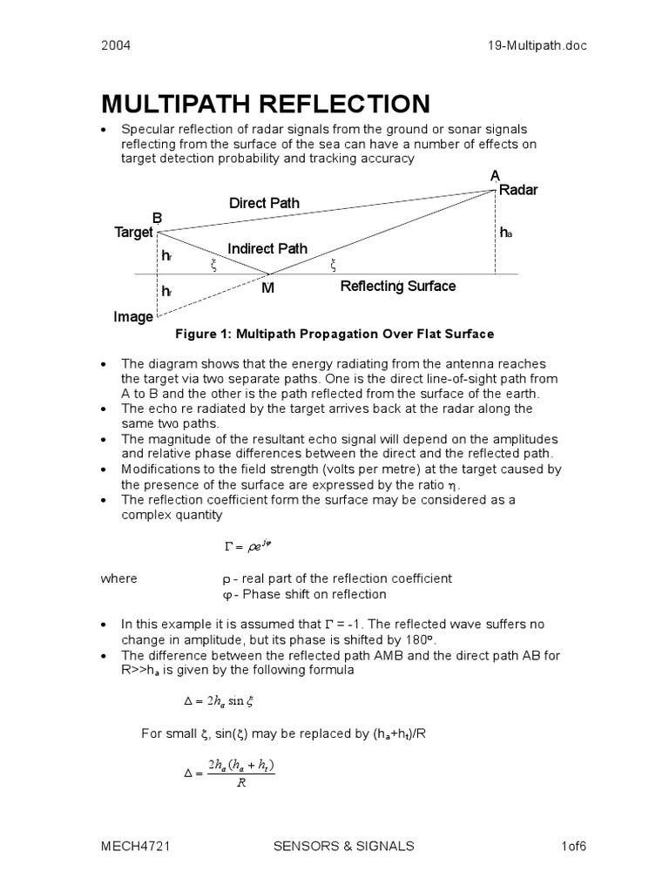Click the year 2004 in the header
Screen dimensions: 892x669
pos(117,46)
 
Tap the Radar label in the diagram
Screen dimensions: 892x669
pos(519,191)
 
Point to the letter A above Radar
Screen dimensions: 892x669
pos(496,176)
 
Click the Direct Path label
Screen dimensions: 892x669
pos(264,203)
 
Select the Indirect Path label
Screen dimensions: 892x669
pos(267,249)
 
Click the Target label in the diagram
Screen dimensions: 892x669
pos(133,233)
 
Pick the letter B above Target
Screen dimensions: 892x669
pos(158,217)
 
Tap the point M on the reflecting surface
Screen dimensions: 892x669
pos(267,288)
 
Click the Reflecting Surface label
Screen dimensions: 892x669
pos(397,286)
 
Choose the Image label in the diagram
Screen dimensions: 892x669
pos(133,317)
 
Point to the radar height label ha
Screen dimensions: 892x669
pos(505,233)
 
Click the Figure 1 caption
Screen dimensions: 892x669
pos(334,334)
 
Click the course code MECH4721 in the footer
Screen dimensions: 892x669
pos(132,845)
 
